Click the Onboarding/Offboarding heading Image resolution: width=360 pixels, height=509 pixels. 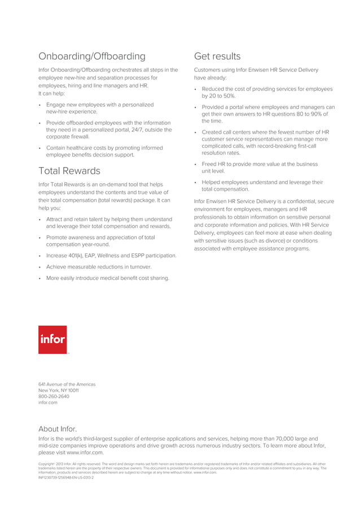click(91, 56)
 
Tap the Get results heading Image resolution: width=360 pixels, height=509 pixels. click(217, 56)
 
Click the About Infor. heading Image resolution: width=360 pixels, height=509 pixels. click(58, 429)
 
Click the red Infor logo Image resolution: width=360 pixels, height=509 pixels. click(52, 340)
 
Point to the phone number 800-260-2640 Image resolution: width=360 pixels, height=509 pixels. click(54, 397)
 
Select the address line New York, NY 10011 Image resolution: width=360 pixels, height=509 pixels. click(58, 390)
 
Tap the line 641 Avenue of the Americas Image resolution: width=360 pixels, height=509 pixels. click(67, 384)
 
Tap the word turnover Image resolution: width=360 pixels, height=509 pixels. click(139, 267)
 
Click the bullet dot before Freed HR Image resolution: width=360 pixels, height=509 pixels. click(195, 165)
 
